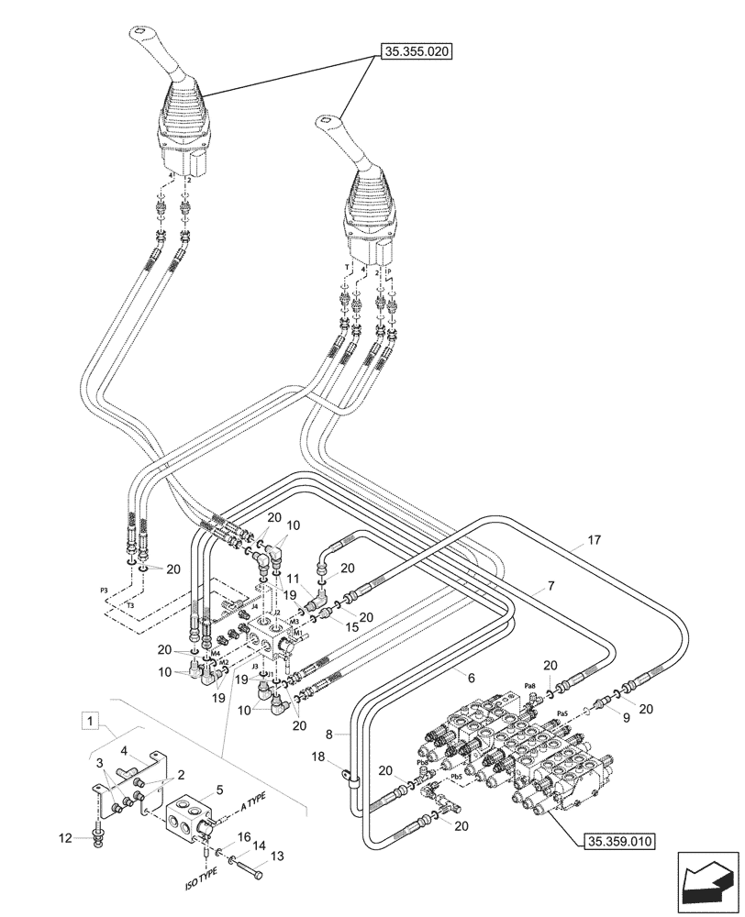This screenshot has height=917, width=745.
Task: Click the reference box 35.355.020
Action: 415,52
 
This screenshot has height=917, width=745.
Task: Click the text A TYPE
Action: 261,805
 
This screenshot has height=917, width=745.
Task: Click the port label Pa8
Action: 529,686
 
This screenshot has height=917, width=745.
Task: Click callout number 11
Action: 293,580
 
